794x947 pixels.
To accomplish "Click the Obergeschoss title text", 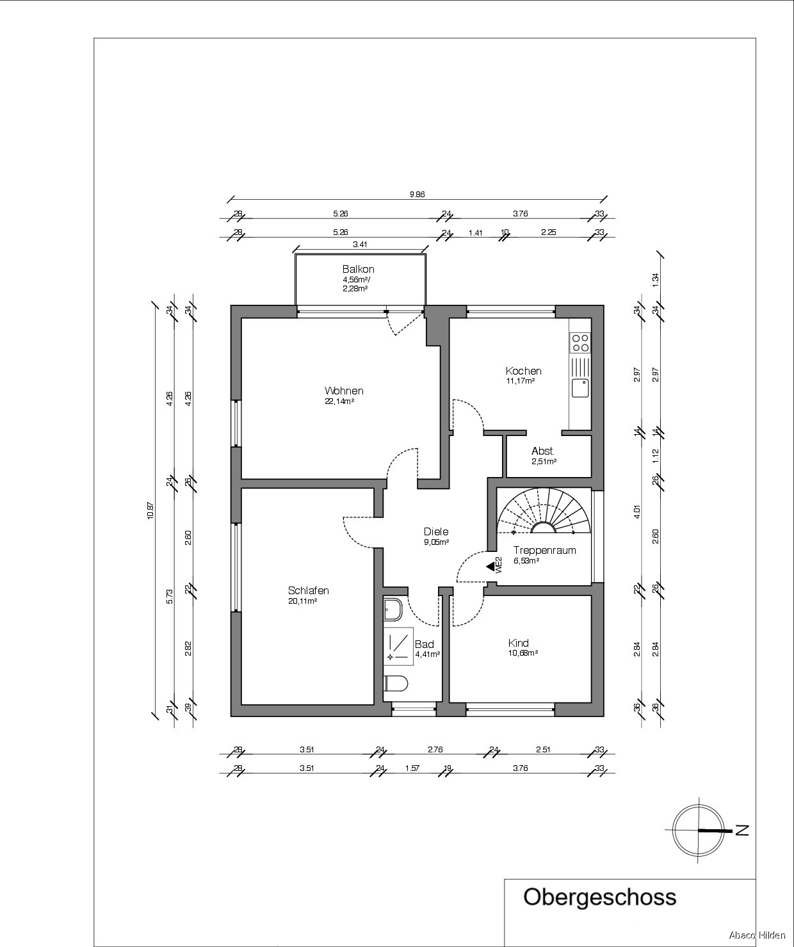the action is pos(600,897).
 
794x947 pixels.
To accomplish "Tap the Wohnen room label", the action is pos(344,391).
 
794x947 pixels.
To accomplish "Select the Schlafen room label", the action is pos(309,590).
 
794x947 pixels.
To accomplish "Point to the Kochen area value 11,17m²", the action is pos(521,381).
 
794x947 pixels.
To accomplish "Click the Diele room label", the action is pos(436,531).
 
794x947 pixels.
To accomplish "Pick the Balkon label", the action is pos(359,270).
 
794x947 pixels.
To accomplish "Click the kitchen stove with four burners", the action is pos(580,343).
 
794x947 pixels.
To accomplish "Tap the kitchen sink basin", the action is pos(580,388).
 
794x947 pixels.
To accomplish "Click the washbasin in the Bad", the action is pos(393,610).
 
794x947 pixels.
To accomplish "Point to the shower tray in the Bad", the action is pos(398,646).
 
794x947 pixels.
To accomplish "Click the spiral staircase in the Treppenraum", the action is pos(544,510).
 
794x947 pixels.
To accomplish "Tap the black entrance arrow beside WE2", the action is pos(490,567).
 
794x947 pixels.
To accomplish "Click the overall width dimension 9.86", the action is pos(417,195).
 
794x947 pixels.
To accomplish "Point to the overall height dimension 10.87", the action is pos(150,510).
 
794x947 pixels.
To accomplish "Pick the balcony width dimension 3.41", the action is pos(360,245).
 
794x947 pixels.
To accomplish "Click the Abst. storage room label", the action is pos(543,451).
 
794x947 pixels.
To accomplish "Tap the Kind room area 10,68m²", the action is pos(523,653).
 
